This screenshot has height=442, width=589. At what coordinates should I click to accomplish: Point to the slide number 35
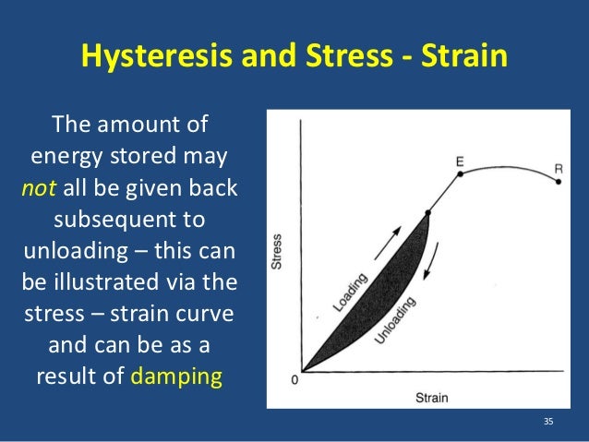(x=548, y=422)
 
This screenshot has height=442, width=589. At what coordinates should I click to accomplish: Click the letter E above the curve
(x=460, y=161)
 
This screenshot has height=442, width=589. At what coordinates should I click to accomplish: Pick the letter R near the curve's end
(x=559, y=168)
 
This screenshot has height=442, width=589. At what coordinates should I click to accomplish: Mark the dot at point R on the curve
(x=558, y=183)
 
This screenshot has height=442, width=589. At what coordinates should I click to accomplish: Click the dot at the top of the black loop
(x=427, y=214)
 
